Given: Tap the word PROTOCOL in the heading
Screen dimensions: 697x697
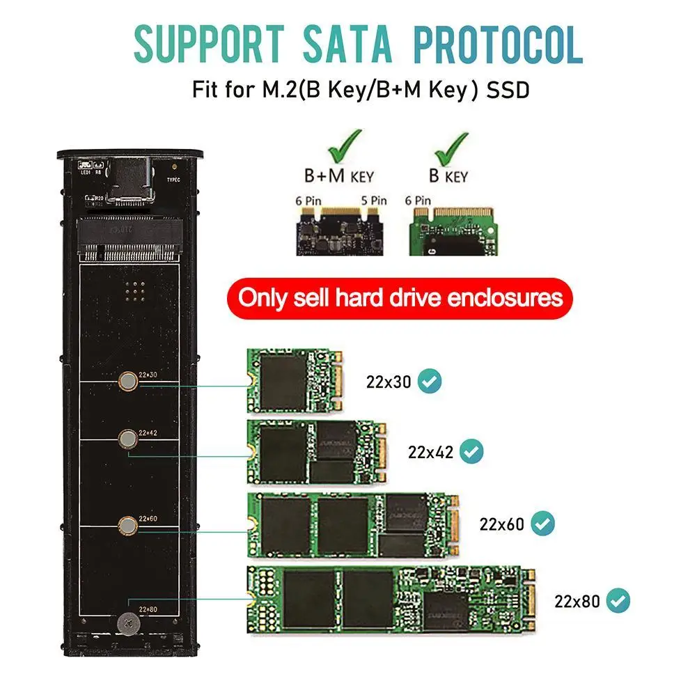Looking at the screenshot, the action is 497,45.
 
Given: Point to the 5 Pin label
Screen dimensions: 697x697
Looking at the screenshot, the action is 373,201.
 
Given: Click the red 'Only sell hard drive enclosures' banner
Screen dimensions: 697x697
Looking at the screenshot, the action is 400,298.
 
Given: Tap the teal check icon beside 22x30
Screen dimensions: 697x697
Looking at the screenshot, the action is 430,381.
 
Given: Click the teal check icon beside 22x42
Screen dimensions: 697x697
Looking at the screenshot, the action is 473,451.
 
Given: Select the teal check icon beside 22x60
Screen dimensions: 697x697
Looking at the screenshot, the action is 542,523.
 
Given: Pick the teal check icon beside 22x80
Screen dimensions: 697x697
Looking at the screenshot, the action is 618,600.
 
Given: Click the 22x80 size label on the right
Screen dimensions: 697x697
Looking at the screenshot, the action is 577,600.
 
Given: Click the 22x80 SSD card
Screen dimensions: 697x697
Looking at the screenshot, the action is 392,599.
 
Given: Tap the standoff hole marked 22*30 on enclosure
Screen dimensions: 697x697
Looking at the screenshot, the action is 127,380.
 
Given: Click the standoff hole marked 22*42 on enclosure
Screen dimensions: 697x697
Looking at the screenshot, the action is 127,438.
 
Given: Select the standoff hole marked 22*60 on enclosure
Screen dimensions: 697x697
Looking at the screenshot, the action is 127,524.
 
